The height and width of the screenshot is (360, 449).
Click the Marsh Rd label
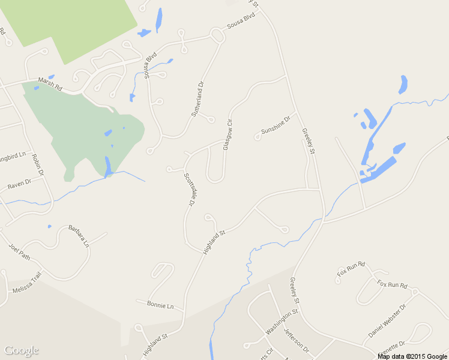pyautogui.click(x=50, y=84)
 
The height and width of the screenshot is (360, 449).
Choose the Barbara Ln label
pyautogui.click(x=78, y=236)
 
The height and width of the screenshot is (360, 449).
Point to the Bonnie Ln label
pyautogui.click(x=160, y=305)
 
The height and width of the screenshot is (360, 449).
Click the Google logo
pyautogui.click(x=21, y=350)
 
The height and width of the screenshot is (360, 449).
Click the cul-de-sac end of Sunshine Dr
pyautogui.click(x=258, y=137)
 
